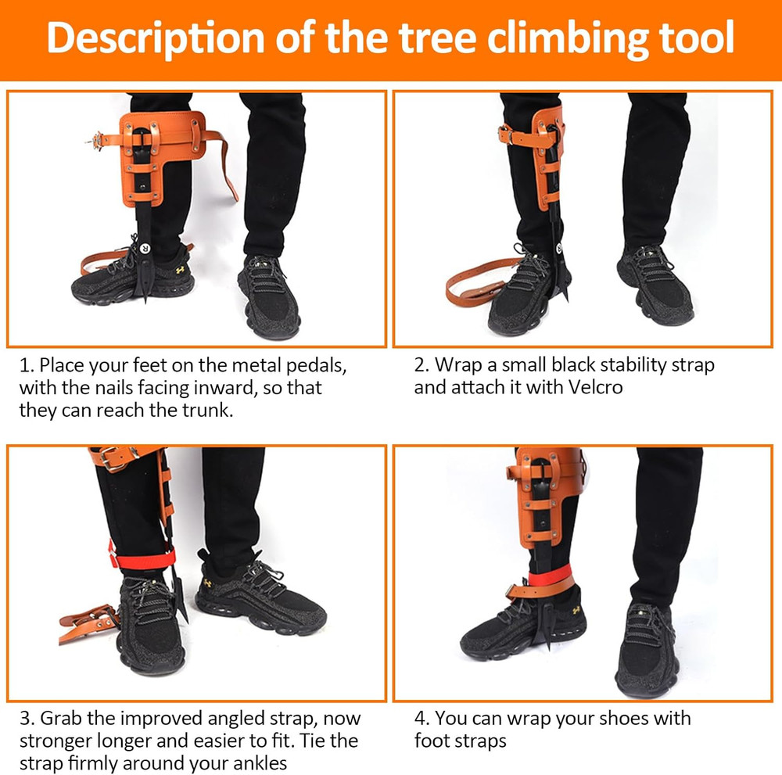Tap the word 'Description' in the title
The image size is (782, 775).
coord(155,38)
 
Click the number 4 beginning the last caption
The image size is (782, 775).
coord(420,718)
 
